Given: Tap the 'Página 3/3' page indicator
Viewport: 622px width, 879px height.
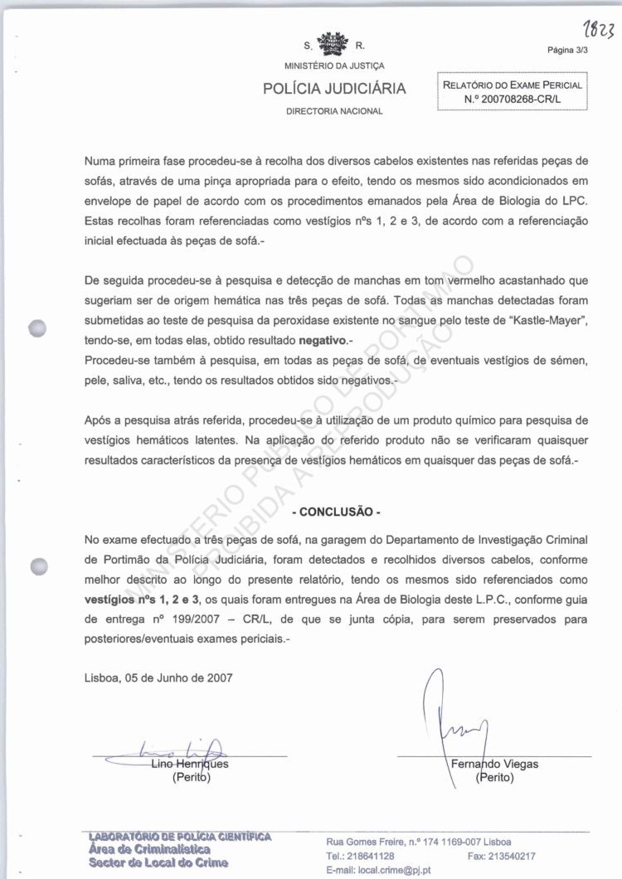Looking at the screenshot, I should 568,50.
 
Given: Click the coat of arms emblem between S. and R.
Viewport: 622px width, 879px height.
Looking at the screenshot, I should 334,44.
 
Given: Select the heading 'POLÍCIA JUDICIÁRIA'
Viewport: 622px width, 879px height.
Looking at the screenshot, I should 334,89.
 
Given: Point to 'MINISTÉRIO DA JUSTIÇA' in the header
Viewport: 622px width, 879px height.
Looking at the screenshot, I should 334,66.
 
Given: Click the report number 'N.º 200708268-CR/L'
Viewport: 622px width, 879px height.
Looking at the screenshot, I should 513,99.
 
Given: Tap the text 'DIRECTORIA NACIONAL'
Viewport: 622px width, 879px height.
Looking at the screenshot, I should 334,111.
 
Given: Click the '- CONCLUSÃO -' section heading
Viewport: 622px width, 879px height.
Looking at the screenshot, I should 334,512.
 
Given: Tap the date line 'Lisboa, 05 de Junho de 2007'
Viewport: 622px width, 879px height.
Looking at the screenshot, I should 158,676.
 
